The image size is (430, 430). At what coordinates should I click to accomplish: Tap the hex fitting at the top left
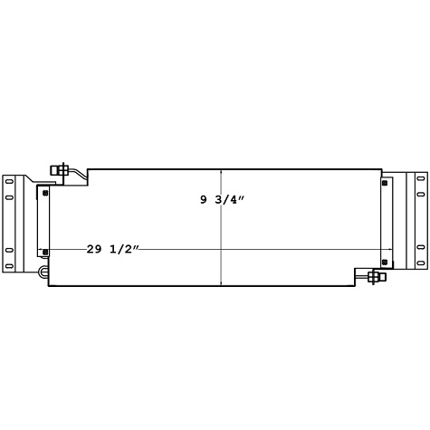(x=61, y=169)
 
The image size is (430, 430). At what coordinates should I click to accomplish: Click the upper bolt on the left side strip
(x=43, y=191)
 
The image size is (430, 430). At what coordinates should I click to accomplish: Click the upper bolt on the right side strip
(x=387, y=186)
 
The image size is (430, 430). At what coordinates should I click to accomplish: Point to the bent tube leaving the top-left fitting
(x=80, y=171)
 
